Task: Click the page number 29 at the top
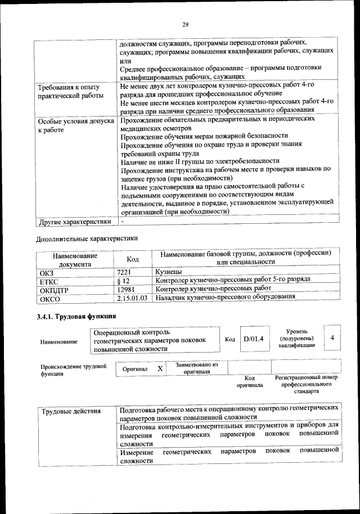tap(185, 24)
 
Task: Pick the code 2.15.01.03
tap(133, 297)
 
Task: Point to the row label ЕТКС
tap(48, 281)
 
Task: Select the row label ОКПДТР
tap(53, 289)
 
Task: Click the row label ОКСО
tap(48, 298)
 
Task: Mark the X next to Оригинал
tap(160, 368)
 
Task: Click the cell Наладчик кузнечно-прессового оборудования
tap(225, 297)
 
